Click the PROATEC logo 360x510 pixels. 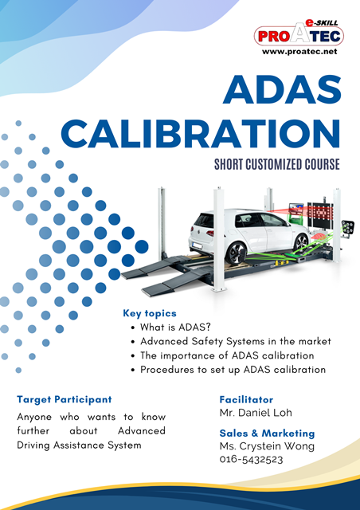click(x=299, y=36)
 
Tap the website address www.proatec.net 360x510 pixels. click(x=299, y=51)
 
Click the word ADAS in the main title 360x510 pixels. click(x=282, y=89)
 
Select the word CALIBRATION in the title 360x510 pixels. click(x=201, y=134)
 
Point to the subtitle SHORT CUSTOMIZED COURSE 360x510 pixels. click(x=277, y=164)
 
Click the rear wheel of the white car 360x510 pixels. click(x=237, y=253)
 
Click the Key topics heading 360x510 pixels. click(x=150, y=313)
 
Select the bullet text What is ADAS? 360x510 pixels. click(x=175, y=327)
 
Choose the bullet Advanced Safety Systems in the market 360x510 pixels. click(x=236, y=341)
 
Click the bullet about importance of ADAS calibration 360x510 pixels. click(x=227, y=355)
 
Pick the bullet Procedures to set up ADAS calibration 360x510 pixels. click(x=233, y=370)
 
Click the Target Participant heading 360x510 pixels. click(x=65, y=399)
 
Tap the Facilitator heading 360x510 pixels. click(x=246, y=399)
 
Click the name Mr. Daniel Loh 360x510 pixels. click(x=256, y=413)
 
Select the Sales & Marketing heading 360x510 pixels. click(x=267, y=433)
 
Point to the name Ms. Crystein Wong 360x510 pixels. click(x=267, y=446)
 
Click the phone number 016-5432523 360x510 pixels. click(x=251, y=460)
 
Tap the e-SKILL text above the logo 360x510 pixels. click(x=321, y=23)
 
